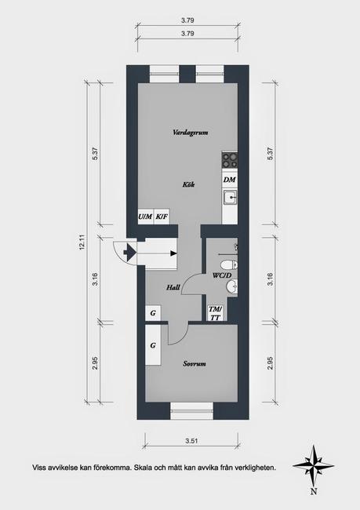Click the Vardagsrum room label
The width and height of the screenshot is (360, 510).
tap(190, 133)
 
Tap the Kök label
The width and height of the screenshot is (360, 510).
tap(188, 184)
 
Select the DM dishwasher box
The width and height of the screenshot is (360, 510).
tap(229, 180)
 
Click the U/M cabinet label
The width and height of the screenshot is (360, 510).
tap(144, 217)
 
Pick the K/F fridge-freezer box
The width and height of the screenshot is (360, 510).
tap(161, 217)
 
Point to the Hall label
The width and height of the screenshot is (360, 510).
tap(173, 288)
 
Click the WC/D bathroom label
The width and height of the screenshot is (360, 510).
tap(222, 276)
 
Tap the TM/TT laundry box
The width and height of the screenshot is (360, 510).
tap(214, 312)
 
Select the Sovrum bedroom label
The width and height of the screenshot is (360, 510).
tap(194, 364)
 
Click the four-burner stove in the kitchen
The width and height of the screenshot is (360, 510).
tap(230, 159)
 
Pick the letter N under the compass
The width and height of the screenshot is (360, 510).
tap(313, 492)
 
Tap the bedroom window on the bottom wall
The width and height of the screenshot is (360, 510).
tap(192, 407)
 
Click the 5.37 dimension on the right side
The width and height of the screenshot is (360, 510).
tap(269, 155)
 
